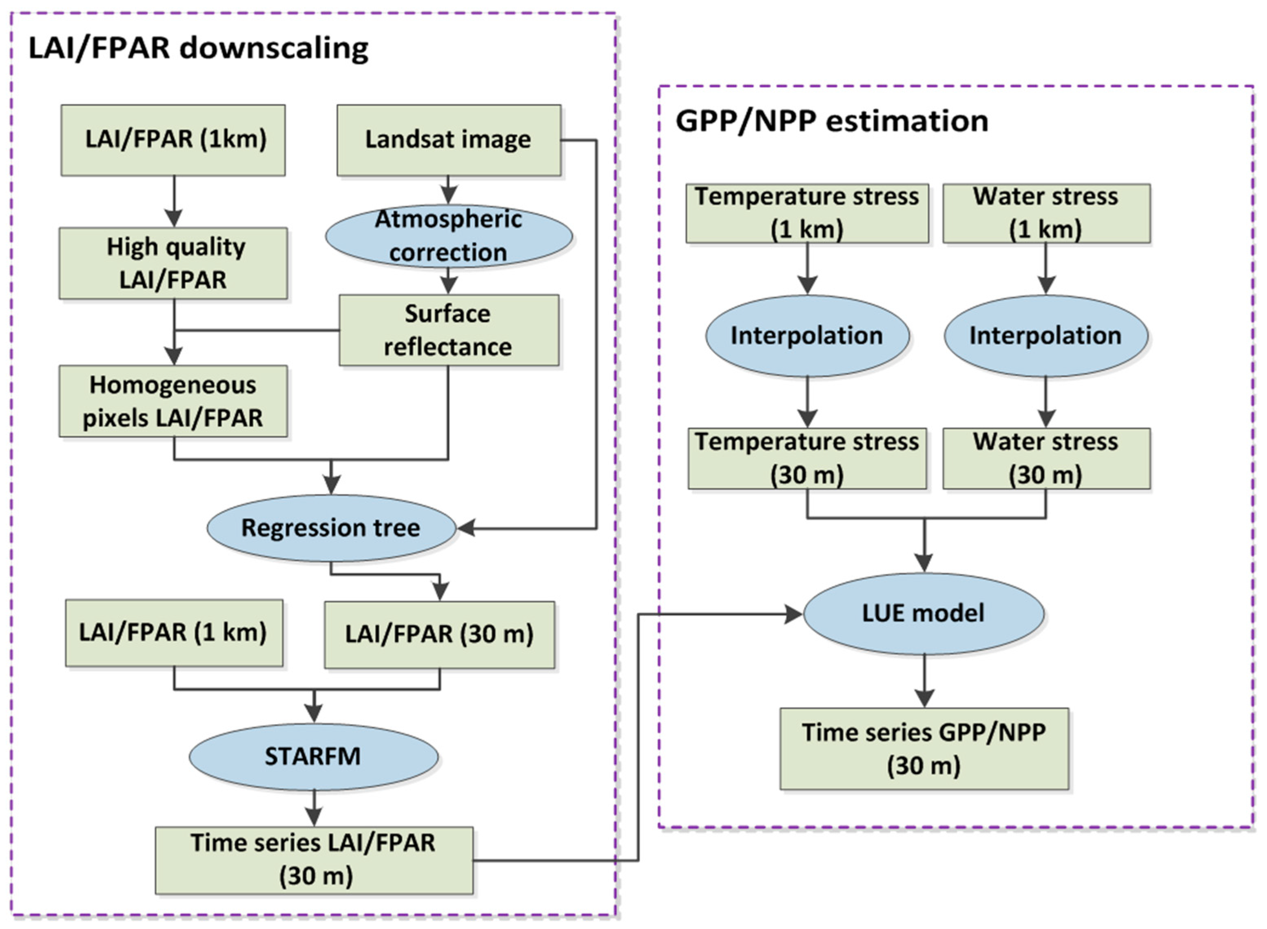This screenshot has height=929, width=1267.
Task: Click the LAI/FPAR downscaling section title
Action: point(198,49)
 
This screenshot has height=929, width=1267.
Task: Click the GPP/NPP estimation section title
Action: point(831,121)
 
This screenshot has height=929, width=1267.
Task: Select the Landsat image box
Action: point(449,140)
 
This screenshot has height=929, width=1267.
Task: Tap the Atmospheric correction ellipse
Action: point(449,236)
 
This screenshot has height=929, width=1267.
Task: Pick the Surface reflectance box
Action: point(449,330)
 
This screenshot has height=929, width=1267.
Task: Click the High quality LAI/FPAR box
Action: point(173,263)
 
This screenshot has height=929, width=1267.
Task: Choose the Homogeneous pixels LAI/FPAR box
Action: point(173,401)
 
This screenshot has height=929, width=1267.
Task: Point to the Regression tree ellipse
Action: point(331,528)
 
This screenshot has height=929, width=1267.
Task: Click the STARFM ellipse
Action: point(313,756)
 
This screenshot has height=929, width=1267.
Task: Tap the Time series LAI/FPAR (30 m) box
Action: point(314,860)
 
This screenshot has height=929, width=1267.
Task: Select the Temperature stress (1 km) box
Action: point(806,213)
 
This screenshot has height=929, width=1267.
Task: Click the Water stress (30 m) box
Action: point(1046,458)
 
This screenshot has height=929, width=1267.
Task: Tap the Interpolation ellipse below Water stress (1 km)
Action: point(1045,336)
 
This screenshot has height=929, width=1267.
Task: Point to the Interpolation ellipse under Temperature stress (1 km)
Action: point(807,336)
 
